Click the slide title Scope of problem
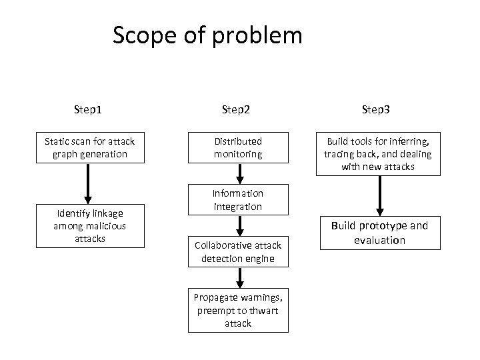pos(207,35)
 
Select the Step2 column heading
pos(237,109)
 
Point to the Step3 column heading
pos(378,109)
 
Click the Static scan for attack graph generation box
pos(89,148)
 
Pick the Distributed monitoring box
pos(238,148)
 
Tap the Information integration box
pos(238,200)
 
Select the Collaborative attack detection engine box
pos(238,252)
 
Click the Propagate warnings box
pos(238,310)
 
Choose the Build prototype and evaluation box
pos(379,233)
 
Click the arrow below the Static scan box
pos(89,183)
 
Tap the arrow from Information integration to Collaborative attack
pos(239,225)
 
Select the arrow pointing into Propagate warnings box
pos(239,277)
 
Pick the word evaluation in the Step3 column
pos(379,240)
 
